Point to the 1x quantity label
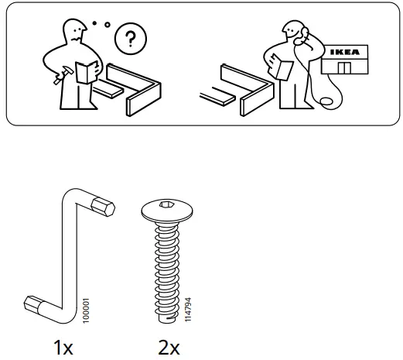click(x=63, y=348)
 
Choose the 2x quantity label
click(x=169, y=348)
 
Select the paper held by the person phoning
click(x=282, y=69)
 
